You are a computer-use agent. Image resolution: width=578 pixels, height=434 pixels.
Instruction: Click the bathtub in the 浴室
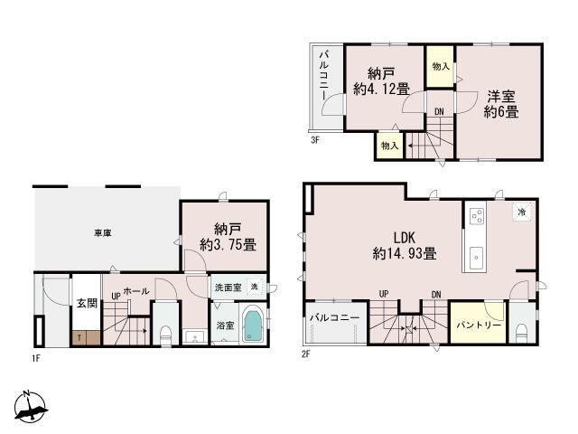tap(253, 325)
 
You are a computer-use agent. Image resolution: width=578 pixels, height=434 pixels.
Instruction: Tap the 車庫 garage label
tap(102, 233)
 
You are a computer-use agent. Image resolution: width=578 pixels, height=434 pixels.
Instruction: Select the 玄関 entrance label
tap(87, 304)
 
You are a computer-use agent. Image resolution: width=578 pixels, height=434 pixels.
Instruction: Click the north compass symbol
tap(30, 407)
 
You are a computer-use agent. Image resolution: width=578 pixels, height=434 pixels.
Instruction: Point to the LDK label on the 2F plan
tap(405, 237)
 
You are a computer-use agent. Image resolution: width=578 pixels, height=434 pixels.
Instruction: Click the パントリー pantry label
tap(479, 325)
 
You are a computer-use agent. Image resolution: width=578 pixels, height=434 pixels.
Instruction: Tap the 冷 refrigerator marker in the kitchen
tap(522, 212)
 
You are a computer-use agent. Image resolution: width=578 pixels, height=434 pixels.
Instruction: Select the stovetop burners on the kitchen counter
tap(476, 215)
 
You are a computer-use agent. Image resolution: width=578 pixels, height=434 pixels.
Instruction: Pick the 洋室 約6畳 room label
tap(501, 104)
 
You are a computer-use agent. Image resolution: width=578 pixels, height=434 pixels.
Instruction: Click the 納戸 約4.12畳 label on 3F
tap(381, 81)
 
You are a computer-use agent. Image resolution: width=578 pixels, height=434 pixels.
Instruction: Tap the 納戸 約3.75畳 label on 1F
tap(228, 237)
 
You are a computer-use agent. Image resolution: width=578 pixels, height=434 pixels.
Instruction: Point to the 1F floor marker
tap(36, 358)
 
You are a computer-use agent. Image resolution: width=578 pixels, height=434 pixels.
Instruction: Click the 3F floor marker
tap(314, 140)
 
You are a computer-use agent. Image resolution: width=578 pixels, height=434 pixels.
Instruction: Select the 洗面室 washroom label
tap(228, 288)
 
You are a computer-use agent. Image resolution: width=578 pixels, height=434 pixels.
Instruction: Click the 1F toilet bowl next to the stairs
tap(166, 334)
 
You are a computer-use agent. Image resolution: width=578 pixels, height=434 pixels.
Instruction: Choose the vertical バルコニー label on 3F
tap(324, 76)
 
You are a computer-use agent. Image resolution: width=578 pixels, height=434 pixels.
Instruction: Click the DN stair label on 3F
tap(439, 111)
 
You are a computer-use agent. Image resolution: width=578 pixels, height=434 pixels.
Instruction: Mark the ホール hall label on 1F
tap(136, 291)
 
